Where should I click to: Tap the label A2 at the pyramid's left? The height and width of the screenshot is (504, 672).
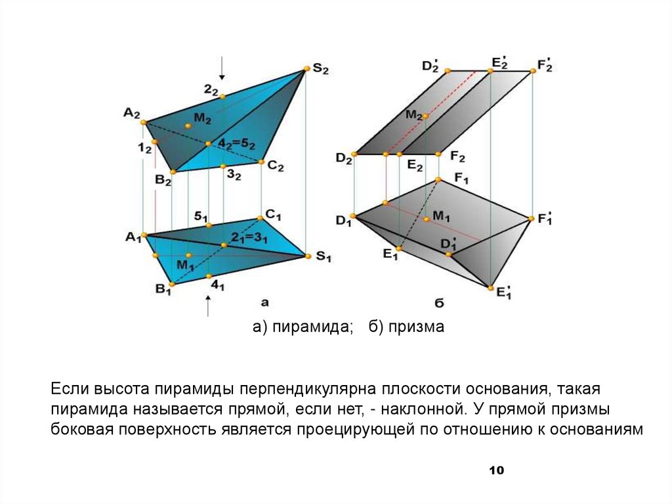tap(131, 113)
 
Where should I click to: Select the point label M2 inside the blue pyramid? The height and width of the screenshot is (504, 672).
tap(201, 119)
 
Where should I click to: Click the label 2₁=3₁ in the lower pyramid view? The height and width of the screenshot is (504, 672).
tap(249, 238)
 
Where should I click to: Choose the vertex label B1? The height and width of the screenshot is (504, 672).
tap(163, 289)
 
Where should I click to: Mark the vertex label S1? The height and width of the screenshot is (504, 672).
tap(321, 257)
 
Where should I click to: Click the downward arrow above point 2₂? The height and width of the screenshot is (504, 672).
tap(222, 68)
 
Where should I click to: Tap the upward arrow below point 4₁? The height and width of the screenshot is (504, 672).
tap(208, 306)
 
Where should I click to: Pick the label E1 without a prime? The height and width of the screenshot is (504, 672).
tap(392, 254)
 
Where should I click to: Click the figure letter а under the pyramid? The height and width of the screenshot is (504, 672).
tap(265, 303)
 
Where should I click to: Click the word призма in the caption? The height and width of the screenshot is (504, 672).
tap(416, 327)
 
